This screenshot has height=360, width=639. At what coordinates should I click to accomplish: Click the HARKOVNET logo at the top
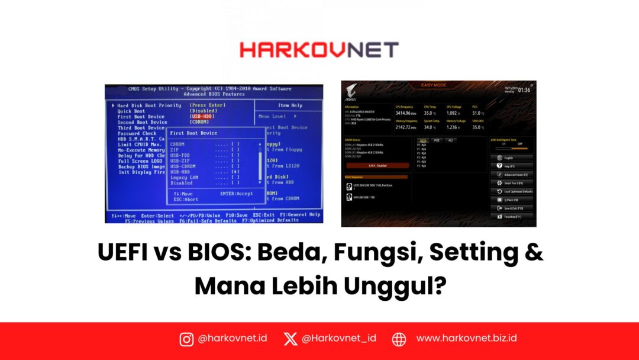tap(319, 49)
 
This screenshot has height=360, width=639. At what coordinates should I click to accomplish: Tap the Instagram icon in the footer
tap(186, 339)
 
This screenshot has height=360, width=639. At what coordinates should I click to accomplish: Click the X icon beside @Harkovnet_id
tap(291, 339)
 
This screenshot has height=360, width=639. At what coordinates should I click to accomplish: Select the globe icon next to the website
tap(399, 339)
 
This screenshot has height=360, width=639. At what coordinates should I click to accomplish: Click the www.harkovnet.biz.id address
tap(466, 339)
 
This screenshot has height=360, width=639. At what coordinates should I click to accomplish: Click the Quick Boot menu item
tap(131, 111)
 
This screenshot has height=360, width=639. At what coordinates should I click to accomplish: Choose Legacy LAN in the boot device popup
tap(185, 177)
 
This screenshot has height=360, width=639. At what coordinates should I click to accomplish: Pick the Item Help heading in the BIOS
tap(290, 105)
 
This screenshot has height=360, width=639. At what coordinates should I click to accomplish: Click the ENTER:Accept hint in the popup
tap(236, 194)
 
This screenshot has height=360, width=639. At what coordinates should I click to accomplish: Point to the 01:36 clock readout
tap(524, 91)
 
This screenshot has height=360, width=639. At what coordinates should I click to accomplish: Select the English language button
tap(512, 158)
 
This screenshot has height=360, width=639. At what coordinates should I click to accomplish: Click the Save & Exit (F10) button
tap(512, 208)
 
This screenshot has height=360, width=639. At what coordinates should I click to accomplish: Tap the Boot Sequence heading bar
tap(375, 176)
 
